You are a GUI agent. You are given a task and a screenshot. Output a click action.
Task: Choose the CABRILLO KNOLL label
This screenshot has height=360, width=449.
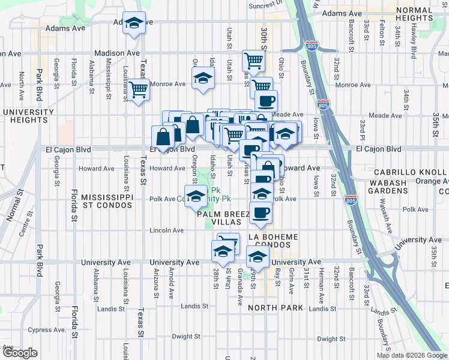[x=412, y=172]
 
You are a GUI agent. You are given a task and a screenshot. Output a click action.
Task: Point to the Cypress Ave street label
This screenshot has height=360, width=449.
[x=46, y=329]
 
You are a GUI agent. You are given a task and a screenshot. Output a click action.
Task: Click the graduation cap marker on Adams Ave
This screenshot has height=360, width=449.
[x=134, y=23]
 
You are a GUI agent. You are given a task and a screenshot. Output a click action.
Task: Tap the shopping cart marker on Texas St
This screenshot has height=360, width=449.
[x=139, y=89]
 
